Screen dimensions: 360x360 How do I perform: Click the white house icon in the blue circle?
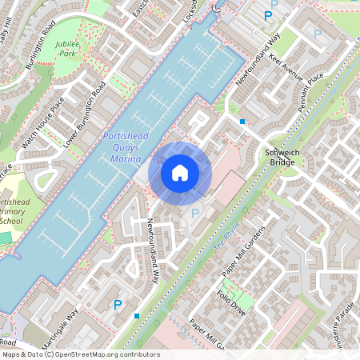pyautogui.click(x=180, y=172)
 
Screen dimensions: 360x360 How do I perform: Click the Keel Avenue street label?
pyautogui.click(x=286, y=70)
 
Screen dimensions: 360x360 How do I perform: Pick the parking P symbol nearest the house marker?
pyautogui.click(x=195, y=213)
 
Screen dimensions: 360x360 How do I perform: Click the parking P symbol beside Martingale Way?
pyautogui.click(x=118, y=304)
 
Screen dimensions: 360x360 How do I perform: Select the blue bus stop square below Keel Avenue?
pyautogui.click(x=242, y=122)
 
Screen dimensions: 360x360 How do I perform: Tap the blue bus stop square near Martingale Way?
pyautogui.click(x=137, y=316)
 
